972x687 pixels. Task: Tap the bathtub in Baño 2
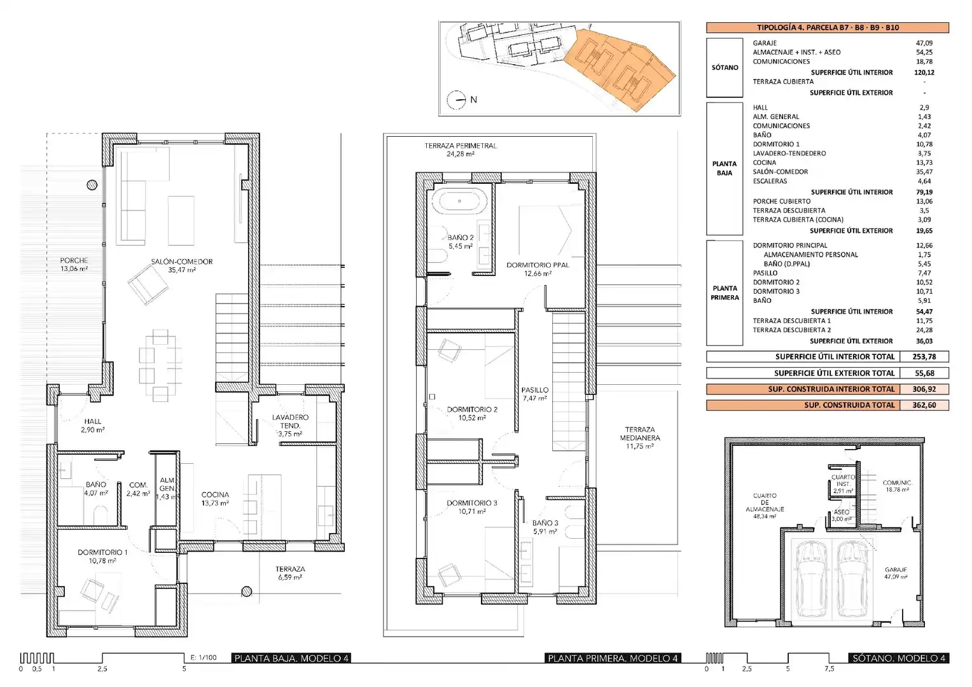click(x=459, y=202)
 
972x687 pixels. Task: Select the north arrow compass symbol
click(x=456, y=100)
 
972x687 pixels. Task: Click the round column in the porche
click(x=92, y=185)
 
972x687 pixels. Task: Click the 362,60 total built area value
click(x=924, y=405)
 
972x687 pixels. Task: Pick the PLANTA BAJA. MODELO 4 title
click(x=291, y=658)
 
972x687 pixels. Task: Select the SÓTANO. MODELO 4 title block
click(x=899, y=658)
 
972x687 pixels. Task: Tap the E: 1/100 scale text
click(x=204, y=658)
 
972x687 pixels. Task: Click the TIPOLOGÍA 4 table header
click(x=828, y=27)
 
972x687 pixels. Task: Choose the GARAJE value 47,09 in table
click(x=924, y=43)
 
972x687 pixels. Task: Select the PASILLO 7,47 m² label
click(x=535, y=394)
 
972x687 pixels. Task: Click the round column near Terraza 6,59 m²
click(x=246, y=591)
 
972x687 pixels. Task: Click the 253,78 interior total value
click(x=924, y=357)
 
